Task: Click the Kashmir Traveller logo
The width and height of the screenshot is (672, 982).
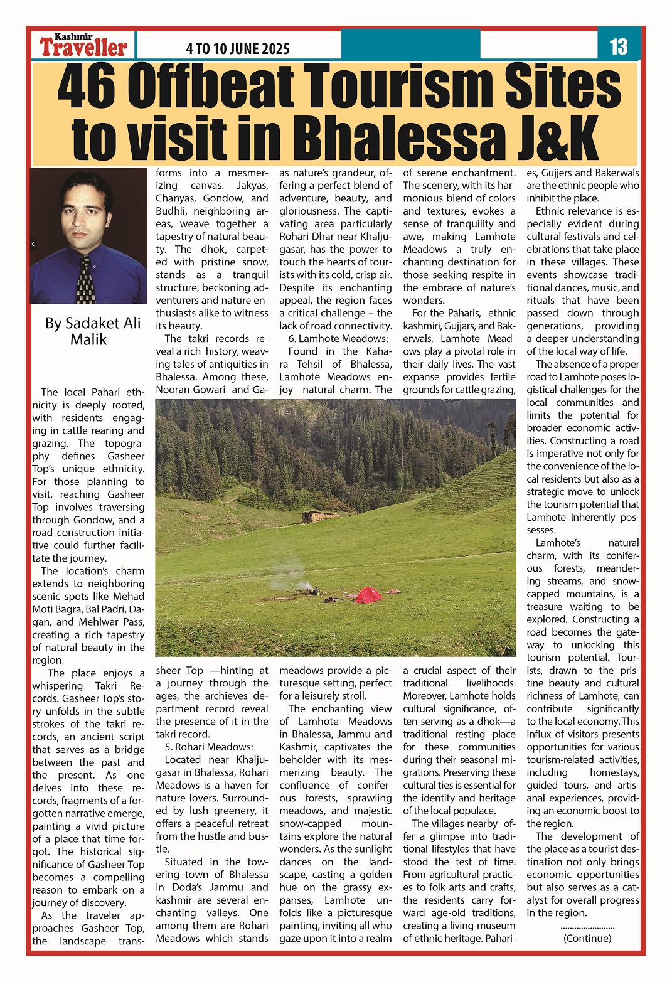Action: click(x=83, y=45)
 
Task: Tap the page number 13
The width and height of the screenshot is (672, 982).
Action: click(x=618, y=46)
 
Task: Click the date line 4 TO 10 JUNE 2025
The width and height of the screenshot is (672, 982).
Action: click(x=238, y=49)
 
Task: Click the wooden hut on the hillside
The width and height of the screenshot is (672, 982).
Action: click(x=319, y=516)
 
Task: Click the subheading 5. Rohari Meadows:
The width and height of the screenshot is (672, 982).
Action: click(x=209, y=747)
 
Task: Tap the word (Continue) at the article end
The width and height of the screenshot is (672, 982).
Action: click(x=587, y=938)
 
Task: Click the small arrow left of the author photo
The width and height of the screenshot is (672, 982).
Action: click(x=33, y=243)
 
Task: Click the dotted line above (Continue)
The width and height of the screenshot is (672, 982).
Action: click(x=587, y=927)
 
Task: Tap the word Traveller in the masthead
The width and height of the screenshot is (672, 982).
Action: click(x=83, y=48)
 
